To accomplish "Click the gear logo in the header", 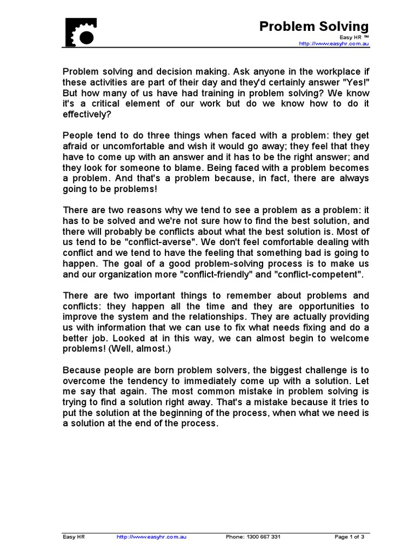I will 81,32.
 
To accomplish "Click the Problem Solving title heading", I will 314,26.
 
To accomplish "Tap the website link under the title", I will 334,44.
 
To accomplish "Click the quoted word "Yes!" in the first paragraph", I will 354,82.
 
